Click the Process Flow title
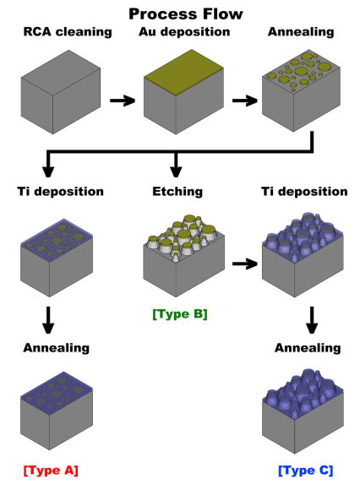(x=186, y=14)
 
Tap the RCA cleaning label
(x=68, y=32)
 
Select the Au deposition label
(x=184, y=32)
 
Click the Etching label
(x=177, y=192)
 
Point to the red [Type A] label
(x=51, y=471)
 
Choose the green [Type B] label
(x=180, y=314)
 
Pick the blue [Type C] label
(x=306, y=471)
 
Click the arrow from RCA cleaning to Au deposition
(x=123, y=101)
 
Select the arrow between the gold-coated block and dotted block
(x=245, y=101)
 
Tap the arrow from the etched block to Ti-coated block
(x=245, y=264)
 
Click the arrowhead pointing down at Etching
(x=176, y=171)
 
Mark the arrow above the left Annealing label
(x=48, y=320)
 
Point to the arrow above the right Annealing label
(x=312, y=320)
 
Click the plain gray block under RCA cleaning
(x=61, y=92)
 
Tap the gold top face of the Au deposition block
(x=183, y=72)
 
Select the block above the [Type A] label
(x=57, y=411)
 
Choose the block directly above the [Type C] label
(x=303, y=411)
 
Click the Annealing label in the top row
(x=301, y=32)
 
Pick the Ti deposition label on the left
(x=60, y=192)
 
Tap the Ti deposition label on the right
(x=304, y=192)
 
